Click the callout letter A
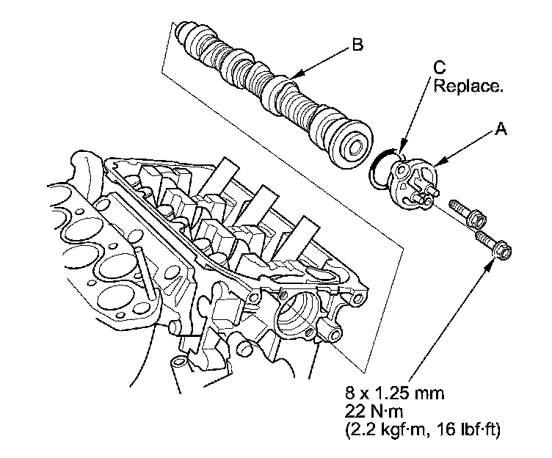point(501,130)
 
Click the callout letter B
point(357,46)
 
